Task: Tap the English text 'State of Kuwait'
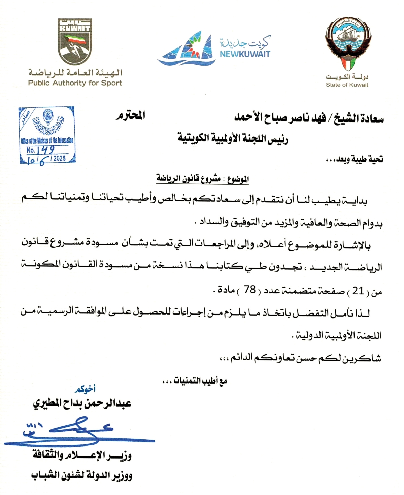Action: click(x=347, y=85)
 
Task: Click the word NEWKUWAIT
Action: click(x=245, y=54)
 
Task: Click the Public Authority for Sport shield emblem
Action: click(x=75, y=41)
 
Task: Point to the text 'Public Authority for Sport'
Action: click(x=75, y=83)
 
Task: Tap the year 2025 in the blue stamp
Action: click(x=59, y=158)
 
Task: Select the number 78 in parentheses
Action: click(x=250, y=289)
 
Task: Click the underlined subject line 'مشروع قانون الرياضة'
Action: click(x=189, y=178)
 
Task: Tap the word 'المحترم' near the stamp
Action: click(x=131, y=115)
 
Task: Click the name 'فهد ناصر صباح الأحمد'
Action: click(x=280, y=118)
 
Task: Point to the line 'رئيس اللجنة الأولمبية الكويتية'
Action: click(x=233, y=138)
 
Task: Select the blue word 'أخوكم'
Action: click(x=85, y=389)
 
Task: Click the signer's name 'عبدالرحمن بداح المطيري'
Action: click(x=82, y=403)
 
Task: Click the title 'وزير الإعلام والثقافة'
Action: click(x=82, y=456)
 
